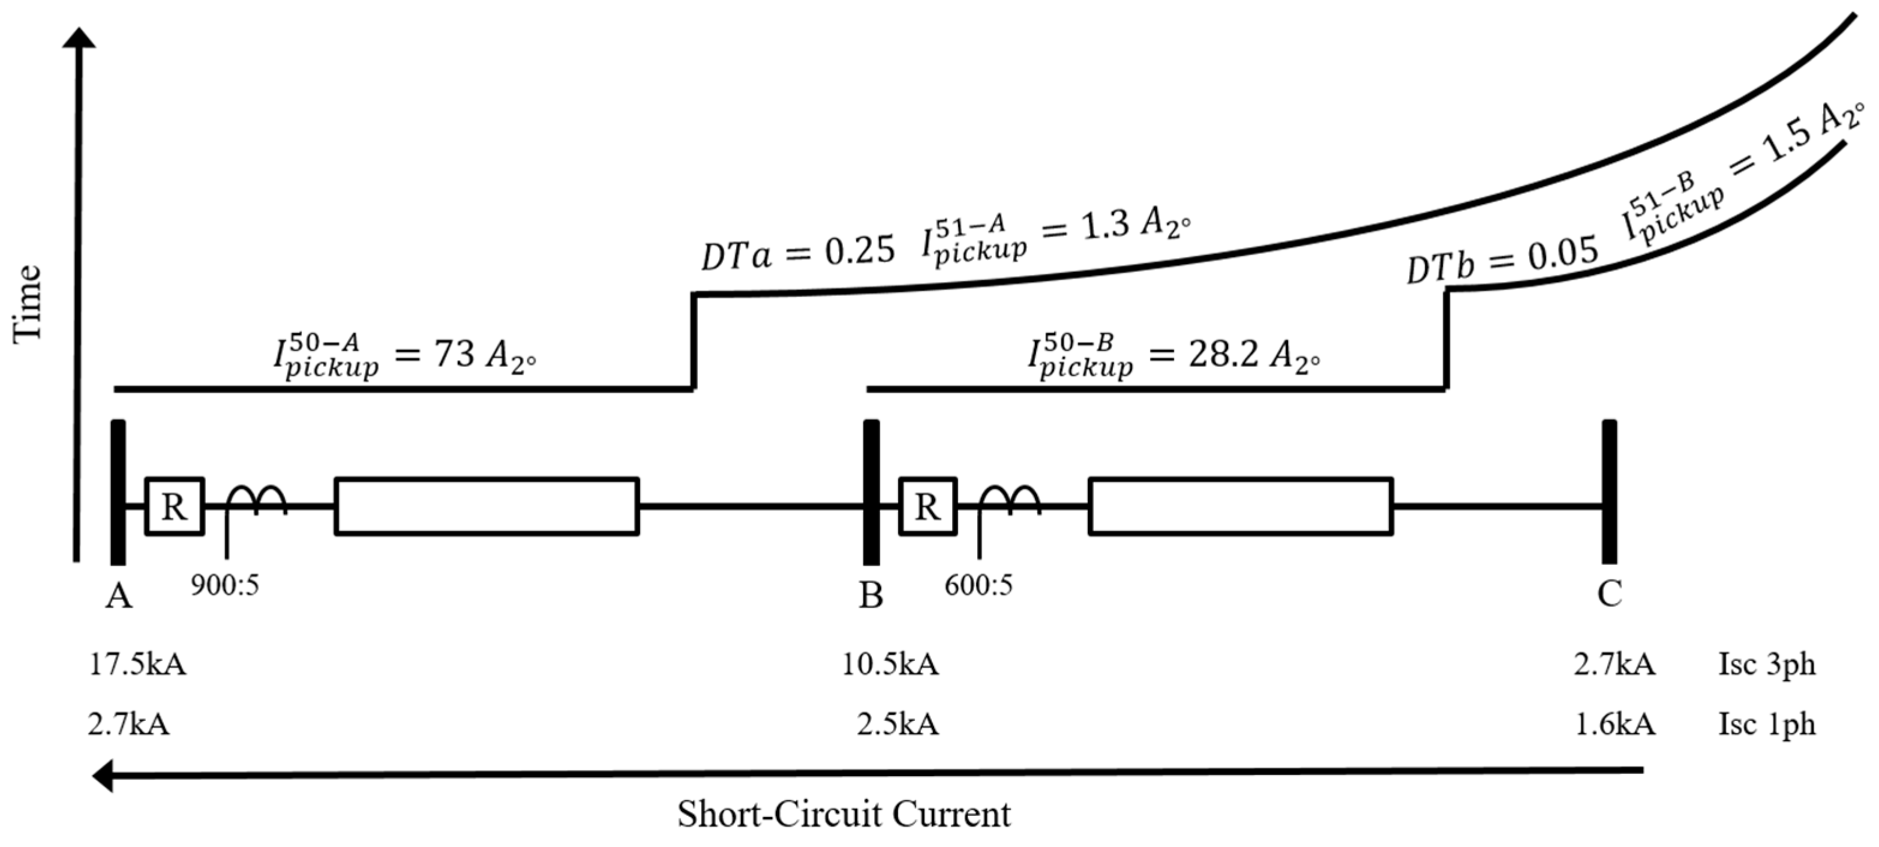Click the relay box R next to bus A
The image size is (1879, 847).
pyautogui.click(x=175, y=506)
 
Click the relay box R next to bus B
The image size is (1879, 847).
pyautogui.click(x=927, y=506)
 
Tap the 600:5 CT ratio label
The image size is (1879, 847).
pyautogui.click(x=978, y=585)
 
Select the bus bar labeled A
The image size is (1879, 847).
pyautogui.click(x=118, y=492)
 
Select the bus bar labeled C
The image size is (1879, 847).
pyautogui.click(x=1609, y=492)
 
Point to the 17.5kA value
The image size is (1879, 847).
pyautogui.click(x=137, y=665)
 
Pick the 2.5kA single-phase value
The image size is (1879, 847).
pyautogui.click(x=897, y=725)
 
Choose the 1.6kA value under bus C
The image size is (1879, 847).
pyautogui.click(x=1615, y=725)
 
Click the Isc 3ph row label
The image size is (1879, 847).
pyautogui.click(x=1767, y=665)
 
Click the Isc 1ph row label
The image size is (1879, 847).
pyautogui.click(x=1767, y=725)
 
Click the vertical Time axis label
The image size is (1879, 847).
pyautogui.click(x=28, y=303)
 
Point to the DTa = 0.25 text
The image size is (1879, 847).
pyautogui.click(x=797, y=254)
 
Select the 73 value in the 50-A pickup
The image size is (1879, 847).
pyautogui.click(x=454, y=355)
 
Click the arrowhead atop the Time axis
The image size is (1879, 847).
pyautogui.click(x=79, y=38)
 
